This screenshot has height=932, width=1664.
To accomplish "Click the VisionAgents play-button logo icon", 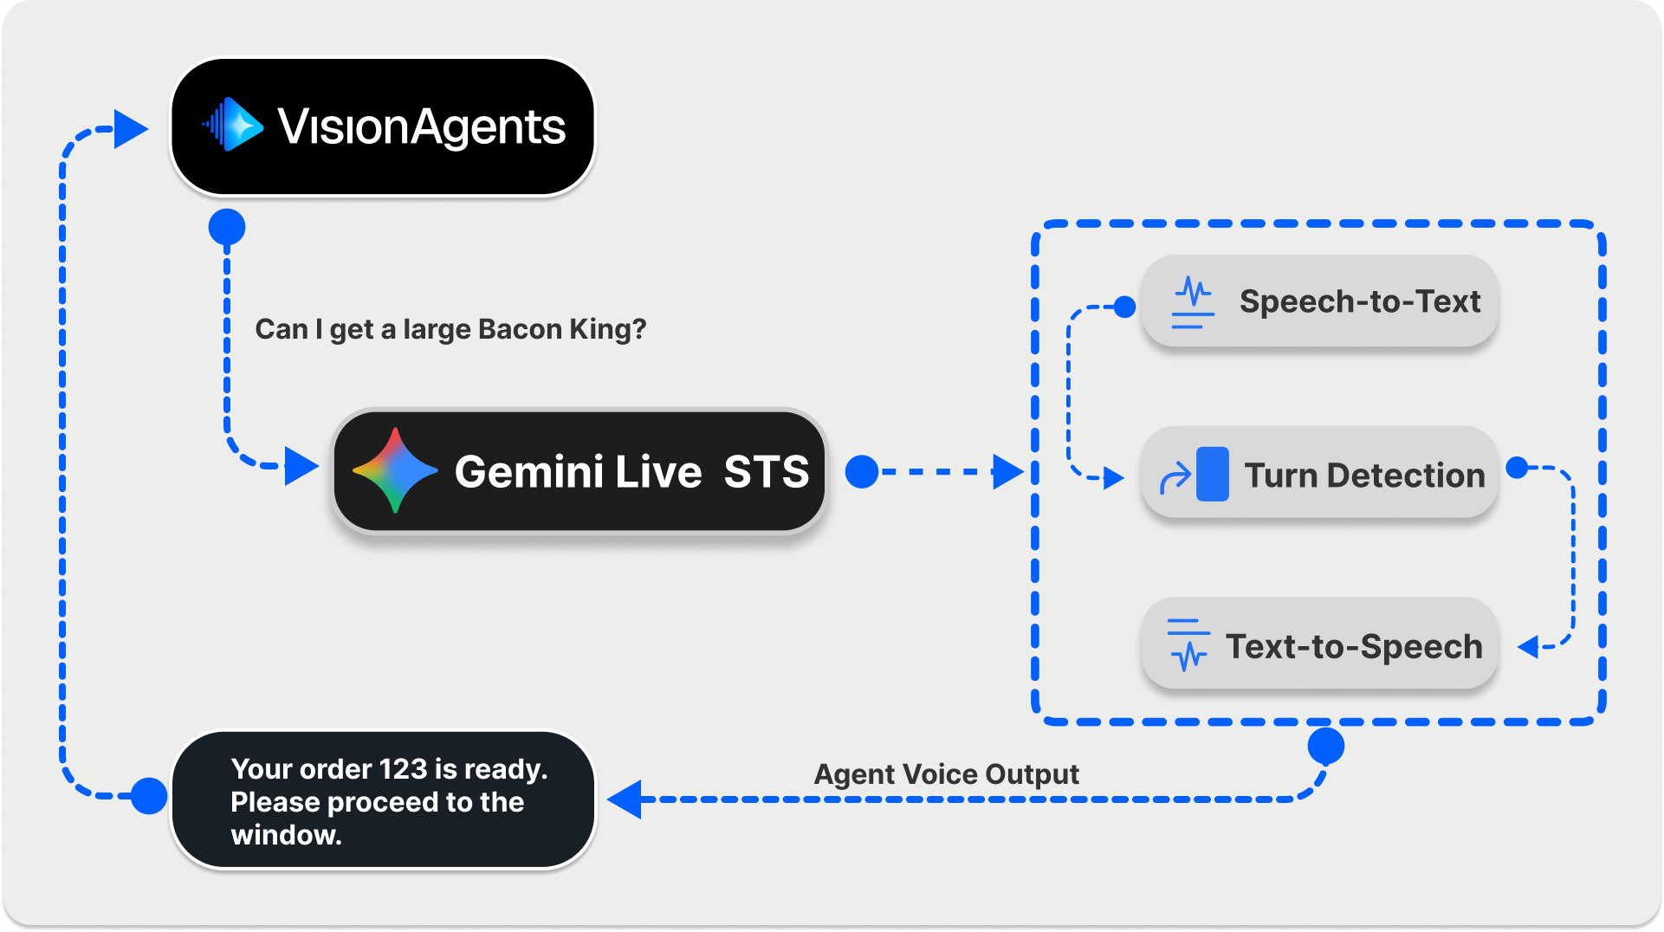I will (234, 125).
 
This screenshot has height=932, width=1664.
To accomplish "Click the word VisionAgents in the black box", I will (421, 127).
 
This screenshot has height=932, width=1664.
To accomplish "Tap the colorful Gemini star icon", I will (394, 470).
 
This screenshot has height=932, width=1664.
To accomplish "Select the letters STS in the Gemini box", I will (766, 472).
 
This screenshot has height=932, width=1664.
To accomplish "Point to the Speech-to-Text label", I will (1359, 301).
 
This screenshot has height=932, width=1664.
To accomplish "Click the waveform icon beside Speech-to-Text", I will (1192, 302).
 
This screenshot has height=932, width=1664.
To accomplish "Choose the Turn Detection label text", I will (1364, 476).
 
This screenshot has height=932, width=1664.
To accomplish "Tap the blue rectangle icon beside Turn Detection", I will (1212, 474).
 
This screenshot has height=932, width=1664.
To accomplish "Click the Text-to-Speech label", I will (1354, 646).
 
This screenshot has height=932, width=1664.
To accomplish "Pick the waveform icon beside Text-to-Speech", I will (1188, 645).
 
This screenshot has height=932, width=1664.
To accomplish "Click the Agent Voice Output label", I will (946, 773).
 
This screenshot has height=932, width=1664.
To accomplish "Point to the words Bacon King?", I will (562, 329).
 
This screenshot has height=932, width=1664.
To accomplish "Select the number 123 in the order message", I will (403, 769).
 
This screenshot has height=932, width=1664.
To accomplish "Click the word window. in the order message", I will (286, 835).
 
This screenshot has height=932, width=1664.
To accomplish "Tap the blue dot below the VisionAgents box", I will (227, 227).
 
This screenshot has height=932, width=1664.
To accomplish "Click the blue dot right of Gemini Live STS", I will (862, 472).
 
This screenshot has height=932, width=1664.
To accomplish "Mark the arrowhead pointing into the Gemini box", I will (301, 466).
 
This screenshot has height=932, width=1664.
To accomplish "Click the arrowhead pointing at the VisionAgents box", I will (131, 129).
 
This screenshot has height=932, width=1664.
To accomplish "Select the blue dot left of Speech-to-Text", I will (1124, 307).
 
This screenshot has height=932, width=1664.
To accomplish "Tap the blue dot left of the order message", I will (149, 796).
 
